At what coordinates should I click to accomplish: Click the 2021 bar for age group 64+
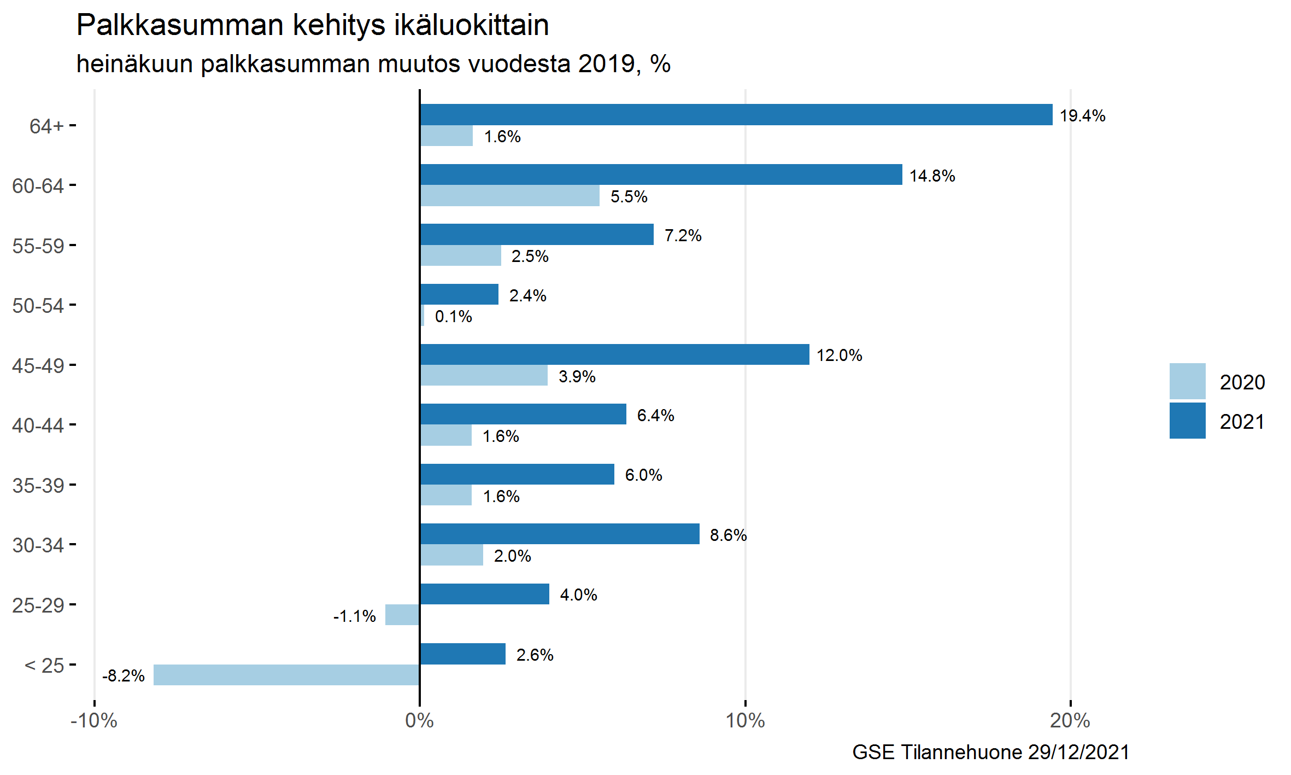coord(736,115)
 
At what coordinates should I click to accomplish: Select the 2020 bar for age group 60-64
coord(509,196)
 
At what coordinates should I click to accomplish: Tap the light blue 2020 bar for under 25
coord(286,675)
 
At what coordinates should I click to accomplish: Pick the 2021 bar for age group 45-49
coord(614,354)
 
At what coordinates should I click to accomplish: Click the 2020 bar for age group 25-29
coord(402,615)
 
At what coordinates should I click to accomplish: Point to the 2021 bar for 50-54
coord(459,294)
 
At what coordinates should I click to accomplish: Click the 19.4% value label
coord(1082,116)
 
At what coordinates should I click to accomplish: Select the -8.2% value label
coord(124,676)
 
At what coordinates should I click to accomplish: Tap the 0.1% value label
coord(453,317)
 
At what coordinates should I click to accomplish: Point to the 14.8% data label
coord(932,176)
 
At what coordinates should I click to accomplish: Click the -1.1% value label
coord(355,616)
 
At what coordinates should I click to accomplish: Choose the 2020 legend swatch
coord(1187,381)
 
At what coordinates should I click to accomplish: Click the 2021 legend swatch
coord(1187,421)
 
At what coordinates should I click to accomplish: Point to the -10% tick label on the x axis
coord(94,721)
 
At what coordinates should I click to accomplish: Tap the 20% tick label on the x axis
coord(1070,721)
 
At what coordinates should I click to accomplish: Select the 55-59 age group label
coord(38,246)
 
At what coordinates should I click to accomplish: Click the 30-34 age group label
coord(38,545)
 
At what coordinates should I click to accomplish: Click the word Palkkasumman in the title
coord(180,25)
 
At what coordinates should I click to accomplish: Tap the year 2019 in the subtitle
coord(606,64)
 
